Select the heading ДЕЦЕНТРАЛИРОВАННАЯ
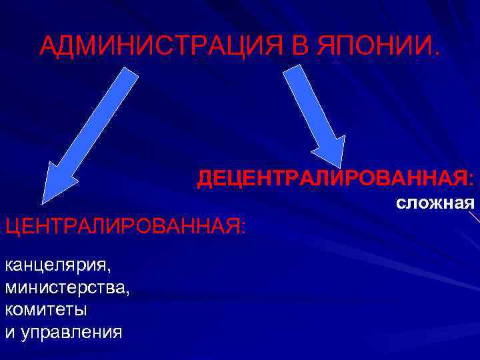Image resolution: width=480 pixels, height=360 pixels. pos(333,178)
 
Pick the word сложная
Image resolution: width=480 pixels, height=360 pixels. pos(435,202)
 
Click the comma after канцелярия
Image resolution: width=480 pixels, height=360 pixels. pos(112,270)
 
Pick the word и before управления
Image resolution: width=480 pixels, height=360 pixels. pos(9,332)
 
